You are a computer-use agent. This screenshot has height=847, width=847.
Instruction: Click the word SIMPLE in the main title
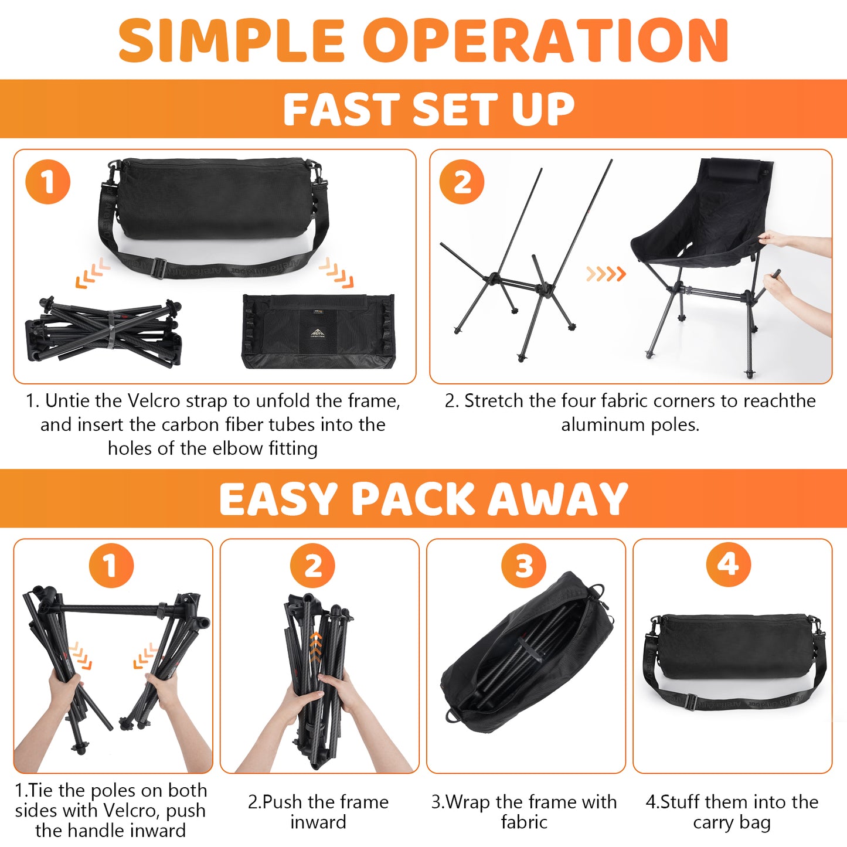pos(231,40)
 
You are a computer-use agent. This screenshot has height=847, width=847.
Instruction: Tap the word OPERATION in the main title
pos(546,40)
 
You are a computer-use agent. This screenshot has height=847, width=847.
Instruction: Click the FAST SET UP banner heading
pos(428,108)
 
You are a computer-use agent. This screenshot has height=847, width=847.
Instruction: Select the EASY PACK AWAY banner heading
pos(423,498)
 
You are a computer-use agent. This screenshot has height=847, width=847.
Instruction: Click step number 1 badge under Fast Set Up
pos(48,182)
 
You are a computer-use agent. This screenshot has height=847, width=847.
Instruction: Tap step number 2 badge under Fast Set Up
pos(461,182)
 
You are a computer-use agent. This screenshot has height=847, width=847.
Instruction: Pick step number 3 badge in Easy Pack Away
pos(523,565)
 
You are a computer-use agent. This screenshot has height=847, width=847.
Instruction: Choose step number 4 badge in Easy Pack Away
pos(728,564)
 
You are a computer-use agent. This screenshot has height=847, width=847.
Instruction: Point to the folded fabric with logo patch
pos(319,331)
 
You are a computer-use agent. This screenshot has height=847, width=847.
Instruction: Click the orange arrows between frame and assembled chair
pos(606,274)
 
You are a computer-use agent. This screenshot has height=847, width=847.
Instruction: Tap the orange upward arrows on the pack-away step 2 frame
pos(315,648)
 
